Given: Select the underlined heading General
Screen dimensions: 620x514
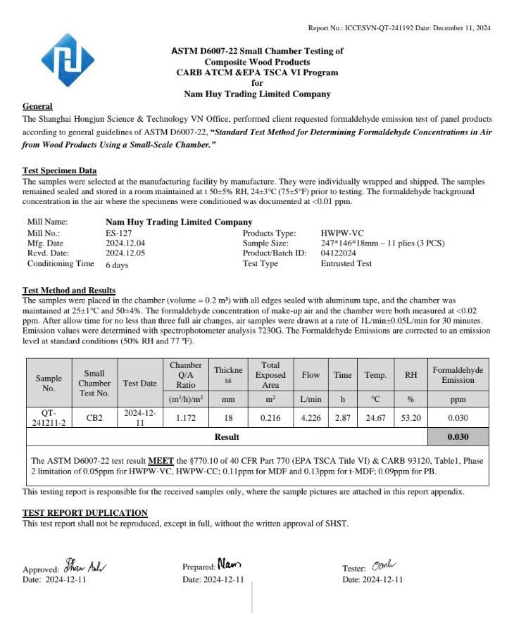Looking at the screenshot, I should point(37,106).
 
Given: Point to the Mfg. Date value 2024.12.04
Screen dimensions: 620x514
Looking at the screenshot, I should point(125,242).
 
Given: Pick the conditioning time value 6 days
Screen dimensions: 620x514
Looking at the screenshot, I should point(117,265).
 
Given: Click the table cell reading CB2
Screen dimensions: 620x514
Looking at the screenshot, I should point(94,417).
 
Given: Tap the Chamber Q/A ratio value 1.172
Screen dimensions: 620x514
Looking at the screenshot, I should point(186,417).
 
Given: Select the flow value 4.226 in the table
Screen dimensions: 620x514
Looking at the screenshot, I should point(311,417).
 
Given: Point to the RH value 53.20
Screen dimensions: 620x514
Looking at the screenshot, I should point(410,417).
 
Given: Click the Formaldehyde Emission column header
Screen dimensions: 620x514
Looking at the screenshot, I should point(458,375).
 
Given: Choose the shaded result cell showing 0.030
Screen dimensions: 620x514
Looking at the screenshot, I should point(458,437).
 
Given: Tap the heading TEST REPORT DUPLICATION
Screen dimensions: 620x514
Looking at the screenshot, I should point(85,513).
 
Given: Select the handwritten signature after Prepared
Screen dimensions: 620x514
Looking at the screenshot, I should point(229,563).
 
